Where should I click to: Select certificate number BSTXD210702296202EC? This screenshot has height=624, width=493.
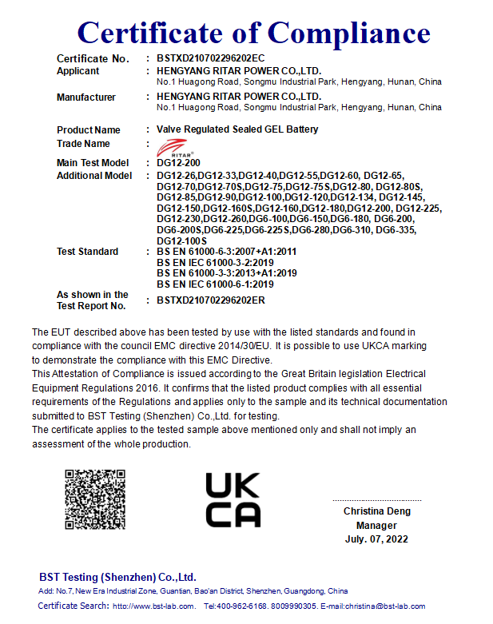point(210,59)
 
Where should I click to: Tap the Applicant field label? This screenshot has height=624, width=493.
point(78,71)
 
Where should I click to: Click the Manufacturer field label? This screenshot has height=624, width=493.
point(86,97)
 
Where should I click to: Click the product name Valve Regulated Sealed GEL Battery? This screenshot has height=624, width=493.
point(237,129)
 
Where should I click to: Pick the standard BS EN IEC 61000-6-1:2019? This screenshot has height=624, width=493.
point(216,284)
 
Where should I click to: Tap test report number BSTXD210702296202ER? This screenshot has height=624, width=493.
point(211,300)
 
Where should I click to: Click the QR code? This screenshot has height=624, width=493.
point(95,499)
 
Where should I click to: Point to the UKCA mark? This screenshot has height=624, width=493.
point(233,499)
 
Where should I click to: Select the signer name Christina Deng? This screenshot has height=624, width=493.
point(376,511)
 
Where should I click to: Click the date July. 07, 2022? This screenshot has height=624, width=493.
point(376,539)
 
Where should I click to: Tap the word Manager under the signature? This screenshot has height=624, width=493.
point(376,526)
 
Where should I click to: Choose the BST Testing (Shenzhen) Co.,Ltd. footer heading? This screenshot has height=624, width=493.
point(117,577)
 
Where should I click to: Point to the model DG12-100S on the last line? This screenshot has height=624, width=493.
point(182,240)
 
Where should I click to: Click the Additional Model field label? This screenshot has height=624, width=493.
point(94,176)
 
